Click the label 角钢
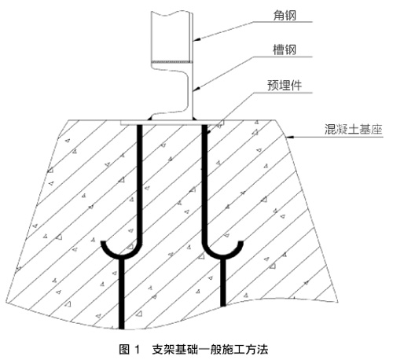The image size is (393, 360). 285,16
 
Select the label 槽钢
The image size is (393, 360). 285,50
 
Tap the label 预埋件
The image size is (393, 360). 285,86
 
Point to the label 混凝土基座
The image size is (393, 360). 354,129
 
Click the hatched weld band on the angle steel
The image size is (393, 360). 172,62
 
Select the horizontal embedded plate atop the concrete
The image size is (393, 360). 170,123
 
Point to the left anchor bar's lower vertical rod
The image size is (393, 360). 122,293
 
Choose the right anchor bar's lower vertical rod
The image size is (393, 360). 223,282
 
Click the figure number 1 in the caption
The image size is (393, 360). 137,350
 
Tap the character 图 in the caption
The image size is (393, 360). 125,350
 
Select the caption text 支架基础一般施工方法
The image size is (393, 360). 210,350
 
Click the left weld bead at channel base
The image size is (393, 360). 151,119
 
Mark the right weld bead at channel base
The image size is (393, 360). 195,119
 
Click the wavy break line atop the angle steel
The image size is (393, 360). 171,13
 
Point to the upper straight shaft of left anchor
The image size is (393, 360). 140,183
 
